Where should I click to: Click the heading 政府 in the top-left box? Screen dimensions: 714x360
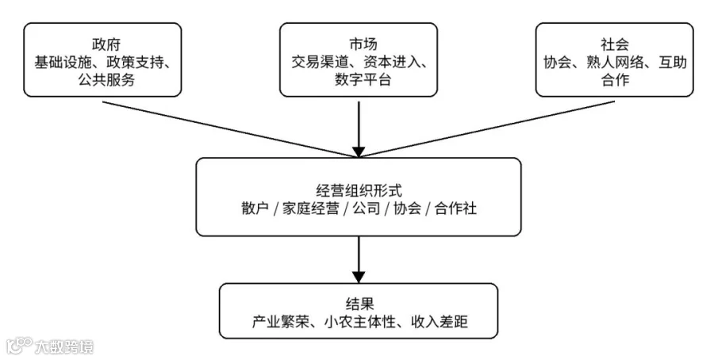106,44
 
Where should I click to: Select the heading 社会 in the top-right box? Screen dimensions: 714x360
615,44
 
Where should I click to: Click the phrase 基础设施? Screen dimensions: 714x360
63,63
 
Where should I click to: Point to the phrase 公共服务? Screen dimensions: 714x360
106,80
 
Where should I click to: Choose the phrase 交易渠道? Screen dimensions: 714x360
320,63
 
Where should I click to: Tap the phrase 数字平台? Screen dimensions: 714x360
363,80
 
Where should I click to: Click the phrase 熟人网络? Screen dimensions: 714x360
615,63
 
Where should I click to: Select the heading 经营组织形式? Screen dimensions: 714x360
359,190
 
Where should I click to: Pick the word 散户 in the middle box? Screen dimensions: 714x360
255,209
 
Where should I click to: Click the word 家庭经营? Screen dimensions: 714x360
310,209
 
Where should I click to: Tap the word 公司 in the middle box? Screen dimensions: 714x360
367,209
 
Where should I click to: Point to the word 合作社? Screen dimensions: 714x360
455,209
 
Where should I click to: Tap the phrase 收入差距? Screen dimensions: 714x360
439,322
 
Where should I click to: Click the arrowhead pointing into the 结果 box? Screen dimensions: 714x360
359,277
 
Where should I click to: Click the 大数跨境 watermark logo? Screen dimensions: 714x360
50,347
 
